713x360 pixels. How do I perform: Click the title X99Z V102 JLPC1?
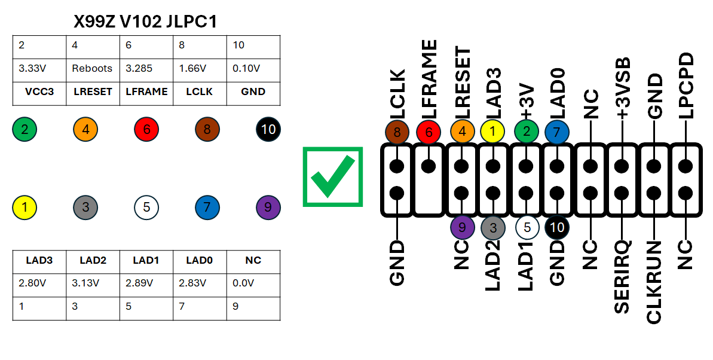pyautogui.click(x=145, y=22)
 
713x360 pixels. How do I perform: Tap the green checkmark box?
pyautogui.click(x=332, y=176)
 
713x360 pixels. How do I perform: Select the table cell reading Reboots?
pyautogui.click(x=92, y=68)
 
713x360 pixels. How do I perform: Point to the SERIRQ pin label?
pyautogui.click(x=622, y=277)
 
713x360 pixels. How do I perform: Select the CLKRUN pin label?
pyautogui.click(x=654, y=282)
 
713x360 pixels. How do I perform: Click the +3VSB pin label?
pyautogui.click(x=622, y=89)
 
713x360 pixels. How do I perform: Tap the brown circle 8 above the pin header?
pyautogui.click(x=397, y=132)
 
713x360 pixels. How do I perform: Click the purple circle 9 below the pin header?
pyautogui.click(x=461, y=227)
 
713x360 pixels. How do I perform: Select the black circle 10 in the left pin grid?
pyautogui.click(x=268, y=129)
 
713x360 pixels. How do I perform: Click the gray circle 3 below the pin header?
pyautogui.click(x=493, y=227)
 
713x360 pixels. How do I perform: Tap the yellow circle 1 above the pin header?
pyautogui.click(x=493, y=132)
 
